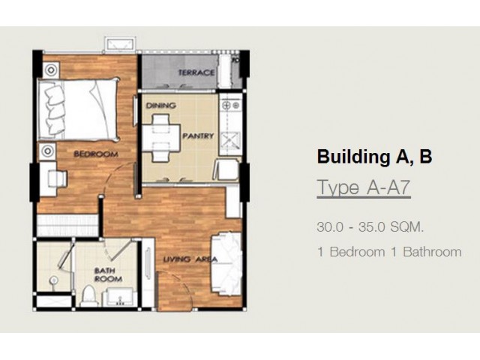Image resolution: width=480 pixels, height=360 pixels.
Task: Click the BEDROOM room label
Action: [x=96, y=154]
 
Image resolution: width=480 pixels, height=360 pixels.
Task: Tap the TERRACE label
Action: [x=196, y=73]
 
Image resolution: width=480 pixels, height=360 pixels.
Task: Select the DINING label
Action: [x=161, y=106]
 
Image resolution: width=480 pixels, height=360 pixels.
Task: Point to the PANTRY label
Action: [x=198, y=136]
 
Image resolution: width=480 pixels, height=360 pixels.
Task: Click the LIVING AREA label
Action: [x=190, y=259]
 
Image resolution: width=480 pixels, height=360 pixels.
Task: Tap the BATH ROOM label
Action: [x=108, y=274]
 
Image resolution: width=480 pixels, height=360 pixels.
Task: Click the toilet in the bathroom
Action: [x=89, y=295]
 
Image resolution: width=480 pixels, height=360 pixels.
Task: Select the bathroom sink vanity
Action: [x=120, y=297]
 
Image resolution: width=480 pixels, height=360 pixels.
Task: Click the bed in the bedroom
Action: [x=78, y=109]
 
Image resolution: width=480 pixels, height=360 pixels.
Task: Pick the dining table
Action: [x=161, y=138]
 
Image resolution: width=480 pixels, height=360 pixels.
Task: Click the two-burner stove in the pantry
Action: [x=231, y=105]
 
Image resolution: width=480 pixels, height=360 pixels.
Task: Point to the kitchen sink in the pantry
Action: [x=230, y=140]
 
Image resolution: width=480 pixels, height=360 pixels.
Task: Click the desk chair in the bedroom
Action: [x=58, y=178]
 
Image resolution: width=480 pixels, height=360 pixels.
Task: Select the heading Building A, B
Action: [x=374, y=157]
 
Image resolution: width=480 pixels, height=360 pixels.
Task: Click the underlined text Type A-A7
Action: [x=363, y=187]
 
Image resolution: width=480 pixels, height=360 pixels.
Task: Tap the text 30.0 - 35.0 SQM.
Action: [x=370, y=227]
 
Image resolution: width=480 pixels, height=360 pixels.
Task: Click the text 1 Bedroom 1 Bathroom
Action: [x=389, y=252]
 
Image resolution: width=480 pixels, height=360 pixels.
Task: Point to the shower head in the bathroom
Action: [x=54, y=280]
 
